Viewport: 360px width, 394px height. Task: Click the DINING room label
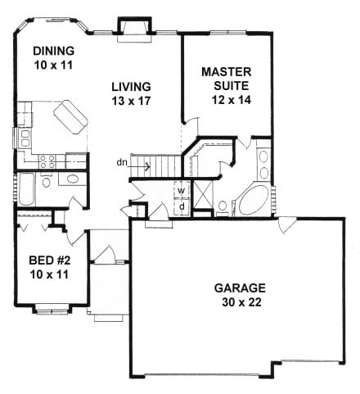click(x=54, y=51)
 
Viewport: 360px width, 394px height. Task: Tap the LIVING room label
click(x=131, y=87)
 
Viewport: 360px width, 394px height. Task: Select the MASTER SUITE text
click(x=227, y=79)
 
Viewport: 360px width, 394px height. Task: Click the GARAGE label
click(x=240, y=288)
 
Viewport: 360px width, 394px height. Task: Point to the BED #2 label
click(x=50, y=260)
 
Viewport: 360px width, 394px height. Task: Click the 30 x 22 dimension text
click(x=241, y=302)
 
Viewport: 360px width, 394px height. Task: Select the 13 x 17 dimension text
click(x=131, y=101)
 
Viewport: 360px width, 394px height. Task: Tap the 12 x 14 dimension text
click(x=232, y=100)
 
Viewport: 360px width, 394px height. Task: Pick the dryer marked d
click(x=182, y=206)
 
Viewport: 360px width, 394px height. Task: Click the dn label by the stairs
click(x=122, y=162)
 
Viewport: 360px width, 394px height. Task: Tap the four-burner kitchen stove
click(x=47, y=161)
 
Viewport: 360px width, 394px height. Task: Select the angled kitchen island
click(x=70, y=117)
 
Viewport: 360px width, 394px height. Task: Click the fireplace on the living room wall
click(x=134, y=29)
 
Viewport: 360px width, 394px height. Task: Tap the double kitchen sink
click(x=25, y=138)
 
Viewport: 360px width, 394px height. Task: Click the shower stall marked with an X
click(x=202, y=194)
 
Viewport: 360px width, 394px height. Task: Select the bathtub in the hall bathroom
click(x=26, y=189)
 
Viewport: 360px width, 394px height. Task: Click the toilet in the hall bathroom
click(x=46, y=180)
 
